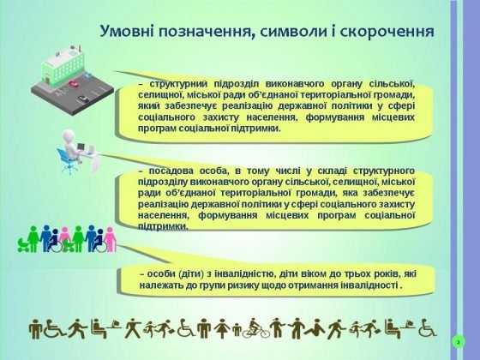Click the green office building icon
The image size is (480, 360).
pos(63,65)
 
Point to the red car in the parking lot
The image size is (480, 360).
pos(74,83)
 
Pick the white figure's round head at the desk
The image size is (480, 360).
pos(69,135)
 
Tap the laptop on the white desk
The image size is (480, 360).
pos(81,147)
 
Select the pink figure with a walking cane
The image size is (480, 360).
pos(110,240)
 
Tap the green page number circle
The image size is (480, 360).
pos(459,342)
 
